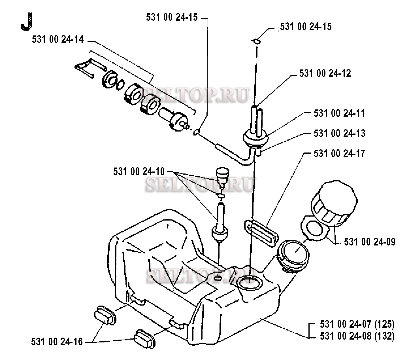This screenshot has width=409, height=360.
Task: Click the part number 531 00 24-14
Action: [x=58, y=39]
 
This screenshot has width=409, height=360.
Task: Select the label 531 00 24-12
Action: [x=325, y=73]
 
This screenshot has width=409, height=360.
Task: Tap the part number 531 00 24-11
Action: [x=339, y=113]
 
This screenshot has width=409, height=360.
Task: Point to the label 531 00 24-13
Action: [x=339, y=133]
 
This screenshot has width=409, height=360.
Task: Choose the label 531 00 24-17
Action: [x=339, y=154]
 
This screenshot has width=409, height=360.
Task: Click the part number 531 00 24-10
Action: [x=139, y=171]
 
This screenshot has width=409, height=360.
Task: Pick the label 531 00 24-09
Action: [x=369, y=242]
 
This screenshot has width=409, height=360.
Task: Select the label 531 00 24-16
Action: [x=57, y=342]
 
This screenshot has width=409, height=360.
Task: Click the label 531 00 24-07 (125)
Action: [x=357, y=324]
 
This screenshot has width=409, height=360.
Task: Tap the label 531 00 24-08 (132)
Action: [x=357, y=336]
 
